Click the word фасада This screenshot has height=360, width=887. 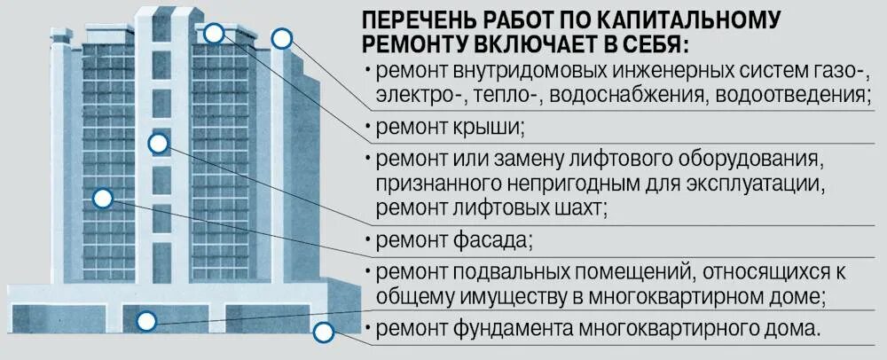click(491, 240)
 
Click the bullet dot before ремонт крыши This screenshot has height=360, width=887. click(367, 128)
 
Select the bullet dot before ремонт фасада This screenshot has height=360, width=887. click(367, 240)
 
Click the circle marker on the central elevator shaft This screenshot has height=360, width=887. click(159, 142)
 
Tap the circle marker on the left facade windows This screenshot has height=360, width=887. click(103, 199)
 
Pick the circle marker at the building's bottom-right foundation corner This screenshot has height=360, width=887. click(323, 333)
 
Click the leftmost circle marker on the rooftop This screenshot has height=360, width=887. click(213, 34)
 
